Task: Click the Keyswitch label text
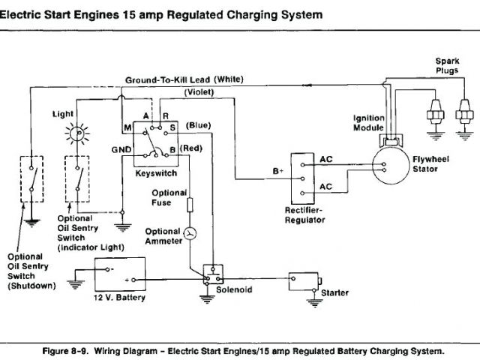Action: point(155,172)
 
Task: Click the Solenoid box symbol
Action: point(213,274)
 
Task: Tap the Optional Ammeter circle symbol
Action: point(190,235)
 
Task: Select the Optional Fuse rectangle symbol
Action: point(190,205)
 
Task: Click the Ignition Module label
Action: point(368,123)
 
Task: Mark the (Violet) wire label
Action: point(199,92)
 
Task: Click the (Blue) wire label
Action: point(198,124)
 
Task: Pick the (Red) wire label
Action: point(190,148)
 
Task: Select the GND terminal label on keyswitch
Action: point(121,149)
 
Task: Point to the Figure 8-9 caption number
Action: point(101,350)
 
